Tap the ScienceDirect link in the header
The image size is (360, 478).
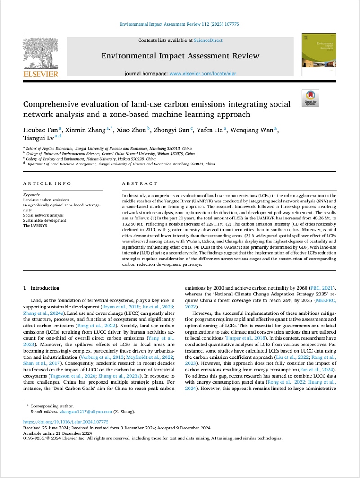click(208, 40)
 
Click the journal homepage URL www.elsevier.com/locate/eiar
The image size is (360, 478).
click(204, 73)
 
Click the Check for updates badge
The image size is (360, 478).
click(310, 98)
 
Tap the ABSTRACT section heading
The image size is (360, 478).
click(140, 183)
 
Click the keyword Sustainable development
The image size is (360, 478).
click(44, 220)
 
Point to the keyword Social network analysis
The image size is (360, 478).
click(43, 215)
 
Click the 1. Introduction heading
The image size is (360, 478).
click(41, 287)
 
